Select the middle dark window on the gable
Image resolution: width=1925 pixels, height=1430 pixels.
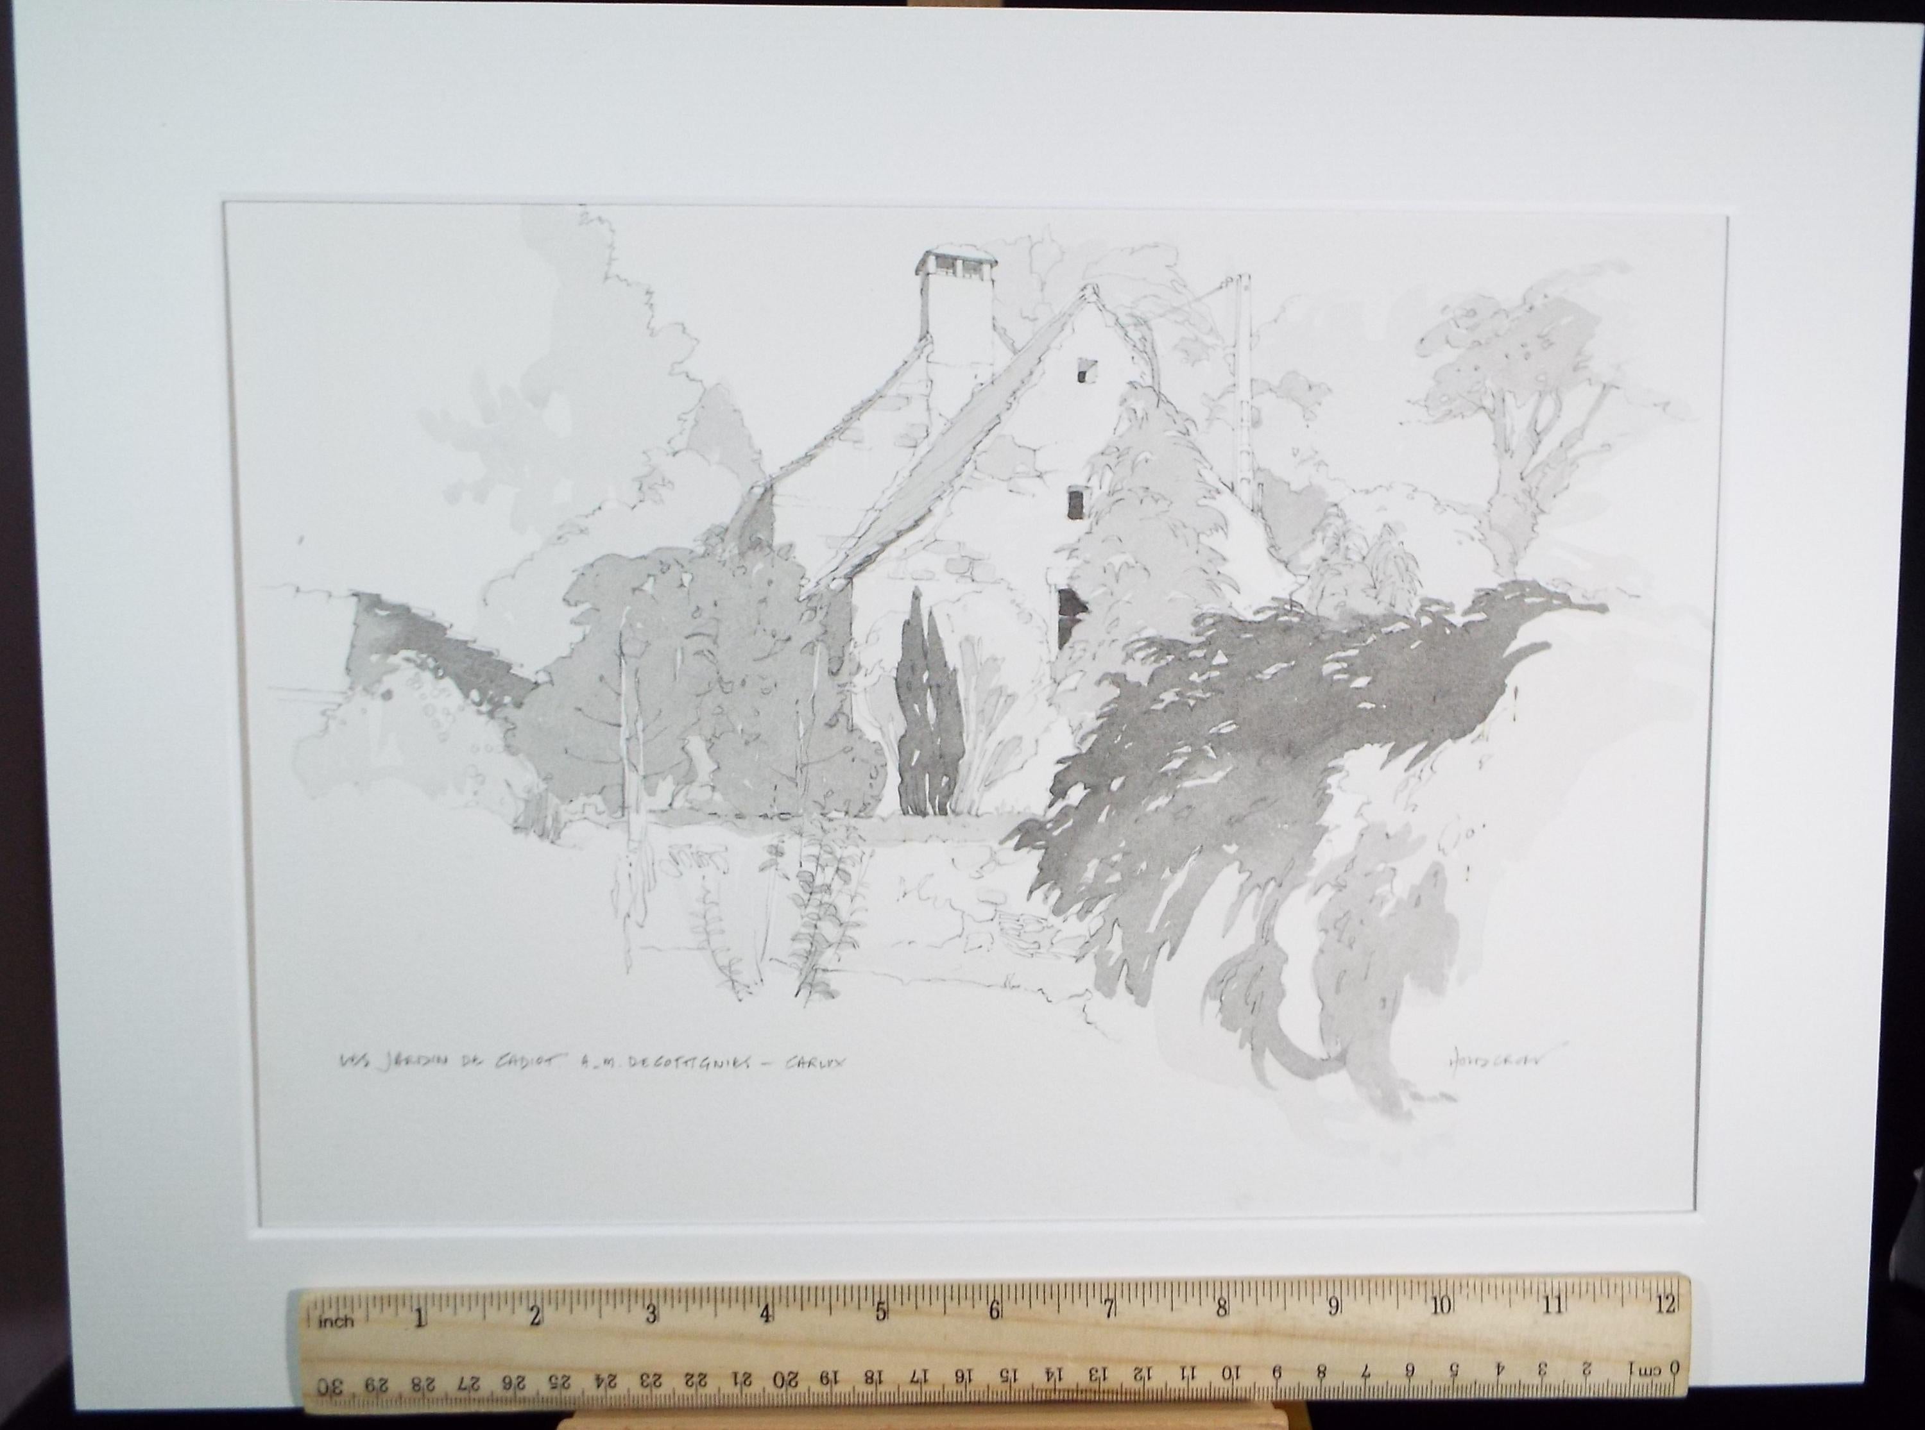click(1076, 502)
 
